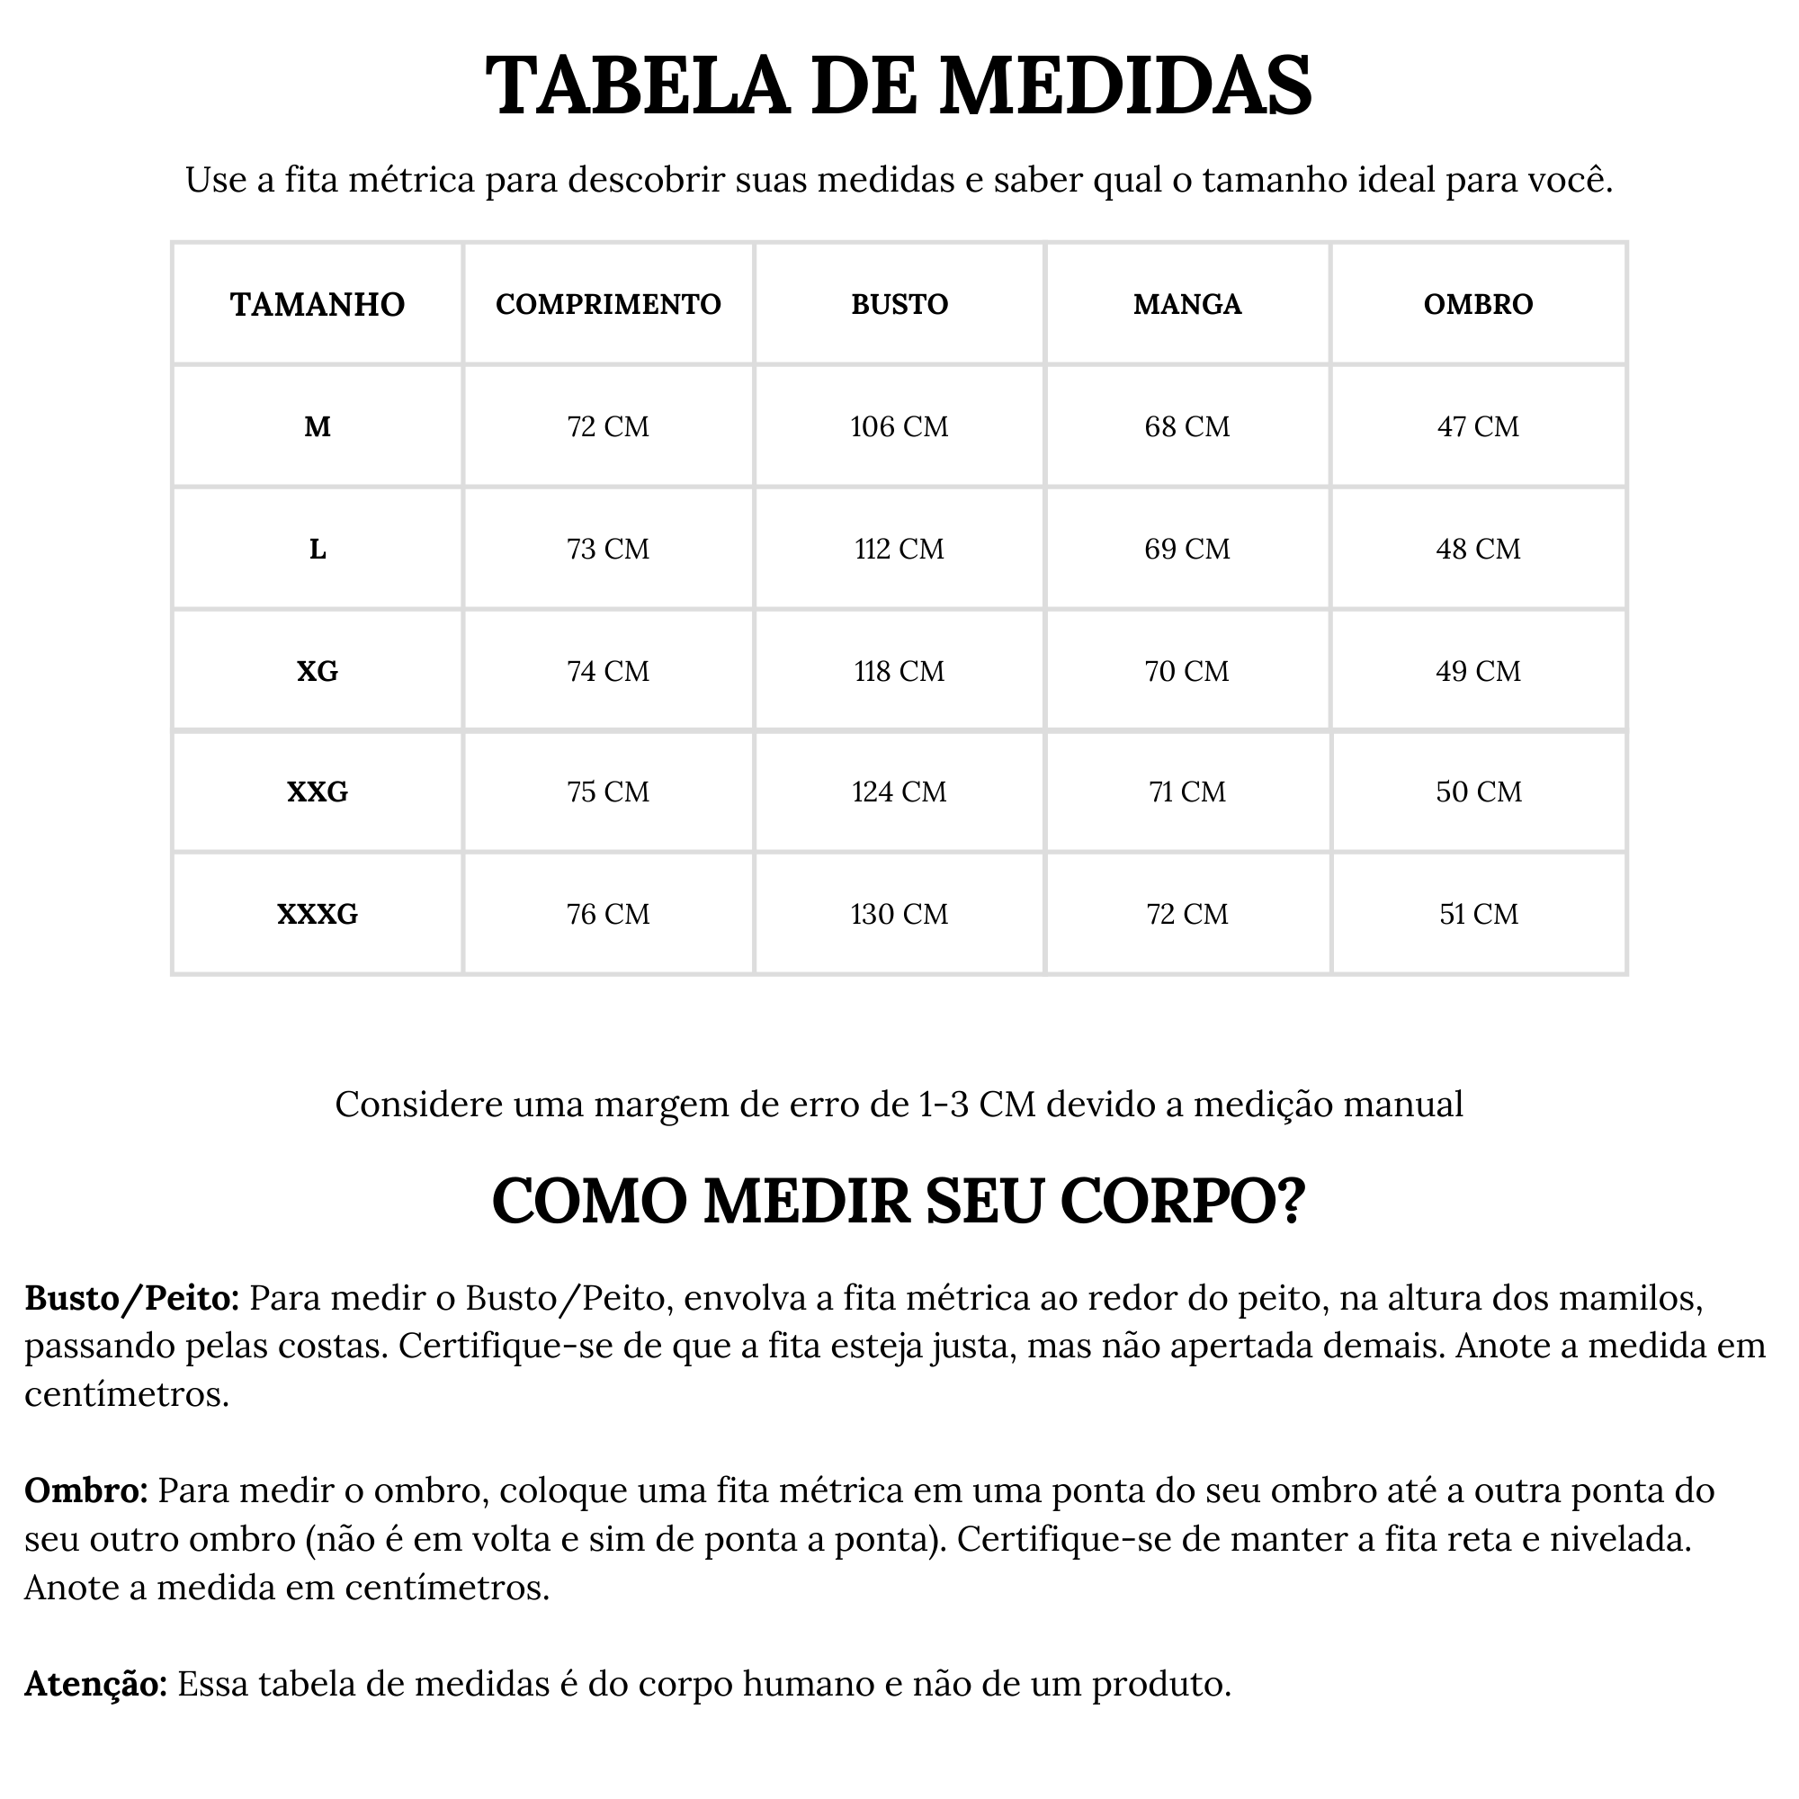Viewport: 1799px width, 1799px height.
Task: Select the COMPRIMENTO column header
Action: pyautogui.click(x=608, y=305)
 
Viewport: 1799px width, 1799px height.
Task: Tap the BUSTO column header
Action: pyautogui.click(x=899, y=305)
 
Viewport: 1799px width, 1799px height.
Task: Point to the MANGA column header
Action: pyautogui.click(x=1187, y=305)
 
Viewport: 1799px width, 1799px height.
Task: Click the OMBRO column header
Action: pyautogui.click(x=1478, y=305)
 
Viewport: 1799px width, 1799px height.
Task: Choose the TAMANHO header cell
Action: pyautogui.click(x=318, y=305)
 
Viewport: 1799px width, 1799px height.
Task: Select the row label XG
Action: pyautogui.click(x=318, y=670)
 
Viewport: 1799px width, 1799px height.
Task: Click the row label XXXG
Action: pyautogui.click(x=318, y=914)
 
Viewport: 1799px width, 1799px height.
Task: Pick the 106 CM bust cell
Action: pyautogui.click(x=899, y=426)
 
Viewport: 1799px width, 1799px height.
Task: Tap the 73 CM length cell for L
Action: pyautogui.click(x=608, y=549)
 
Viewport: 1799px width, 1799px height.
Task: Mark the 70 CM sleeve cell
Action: pyautogui.click(x=1187, y=670)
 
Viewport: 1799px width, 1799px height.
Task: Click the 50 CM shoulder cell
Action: pyautogui.click(x=1478, y=792)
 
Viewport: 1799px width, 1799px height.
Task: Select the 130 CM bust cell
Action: pyautogui.click(x=899, y=914)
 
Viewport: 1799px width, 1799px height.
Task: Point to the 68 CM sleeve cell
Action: pyautogui.click(x=1187, y=426)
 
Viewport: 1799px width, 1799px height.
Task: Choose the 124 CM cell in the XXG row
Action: pyautogui.click(x=899, y=792)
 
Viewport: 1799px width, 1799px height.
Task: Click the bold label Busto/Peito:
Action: pyautogui.click(x=132, y=1298)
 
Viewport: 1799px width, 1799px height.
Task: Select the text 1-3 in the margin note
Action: pyautogui.click(x=944, y=1105)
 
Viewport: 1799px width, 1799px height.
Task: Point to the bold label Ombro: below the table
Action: pyautogui.click(x=85, y=1490)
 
